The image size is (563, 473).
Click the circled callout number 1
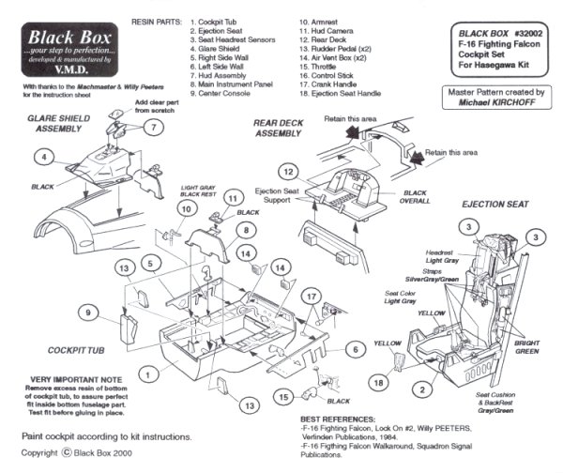(148, 373)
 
